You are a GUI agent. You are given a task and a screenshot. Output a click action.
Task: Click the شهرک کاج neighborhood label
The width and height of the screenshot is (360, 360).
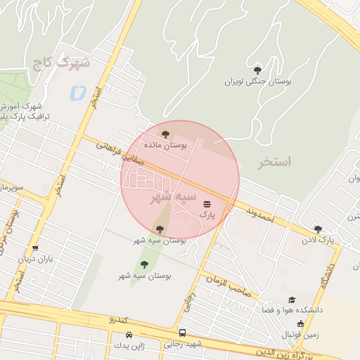click(x=61, y=63)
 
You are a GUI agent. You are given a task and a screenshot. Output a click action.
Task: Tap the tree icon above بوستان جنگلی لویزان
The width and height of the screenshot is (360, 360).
click(x=257, y=70)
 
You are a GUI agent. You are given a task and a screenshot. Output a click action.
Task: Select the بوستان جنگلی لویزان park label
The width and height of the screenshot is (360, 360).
click(x=257, y=82)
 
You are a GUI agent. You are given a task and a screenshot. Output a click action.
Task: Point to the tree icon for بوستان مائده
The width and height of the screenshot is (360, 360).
click(x=166, y=134)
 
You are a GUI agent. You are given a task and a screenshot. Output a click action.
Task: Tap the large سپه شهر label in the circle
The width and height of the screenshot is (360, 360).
click(x=173, y=198)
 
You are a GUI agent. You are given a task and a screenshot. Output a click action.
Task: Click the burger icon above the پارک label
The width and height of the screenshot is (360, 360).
click(x=206, y=202)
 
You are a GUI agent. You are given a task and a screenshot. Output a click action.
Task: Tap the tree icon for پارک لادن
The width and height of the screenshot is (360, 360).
click(x=318, y=229)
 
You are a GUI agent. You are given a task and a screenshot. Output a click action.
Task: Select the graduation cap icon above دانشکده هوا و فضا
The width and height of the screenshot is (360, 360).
click(x=292, y=300)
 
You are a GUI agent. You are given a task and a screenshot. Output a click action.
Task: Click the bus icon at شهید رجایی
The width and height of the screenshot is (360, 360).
click(x=183, y=333)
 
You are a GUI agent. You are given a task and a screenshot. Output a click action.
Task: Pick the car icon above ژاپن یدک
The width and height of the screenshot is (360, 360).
click(x=117, y=335)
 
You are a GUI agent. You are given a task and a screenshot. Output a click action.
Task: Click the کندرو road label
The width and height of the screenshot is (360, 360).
click(x=118, y=320)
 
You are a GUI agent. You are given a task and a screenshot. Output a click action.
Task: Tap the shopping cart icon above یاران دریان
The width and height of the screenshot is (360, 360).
click(x=35, y=248)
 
